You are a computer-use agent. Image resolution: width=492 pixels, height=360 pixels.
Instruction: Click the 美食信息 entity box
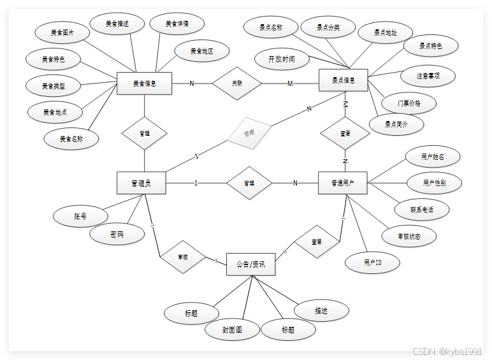145,83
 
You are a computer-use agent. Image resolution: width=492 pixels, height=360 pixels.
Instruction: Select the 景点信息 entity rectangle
344,81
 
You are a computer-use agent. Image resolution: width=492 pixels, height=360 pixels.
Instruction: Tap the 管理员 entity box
141,183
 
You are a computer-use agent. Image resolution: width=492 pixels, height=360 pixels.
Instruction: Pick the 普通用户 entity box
344,183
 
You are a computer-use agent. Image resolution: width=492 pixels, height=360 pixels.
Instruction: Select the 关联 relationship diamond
236,83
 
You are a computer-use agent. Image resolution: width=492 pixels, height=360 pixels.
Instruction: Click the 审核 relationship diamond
182,257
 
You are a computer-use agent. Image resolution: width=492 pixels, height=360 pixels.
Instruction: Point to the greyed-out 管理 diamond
249,133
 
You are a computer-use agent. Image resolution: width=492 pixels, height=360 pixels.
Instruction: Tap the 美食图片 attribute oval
62,32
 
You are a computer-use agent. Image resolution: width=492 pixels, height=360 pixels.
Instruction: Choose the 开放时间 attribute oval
282,59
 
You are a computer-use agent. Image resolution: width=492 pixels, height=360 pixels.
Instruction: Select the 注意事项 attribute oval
428,75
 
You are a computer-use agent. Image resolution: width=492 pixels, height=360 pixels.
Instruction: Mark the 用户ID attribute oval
372,262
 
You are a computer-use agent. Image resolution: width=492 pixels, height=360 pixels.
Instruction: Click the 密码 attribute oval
117,234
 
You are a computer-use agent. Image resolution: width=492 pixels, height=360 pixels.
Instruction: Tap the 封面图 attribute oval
232,329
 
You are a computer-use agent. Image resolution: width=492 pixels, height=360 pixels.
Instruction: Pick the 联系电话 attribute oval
422,209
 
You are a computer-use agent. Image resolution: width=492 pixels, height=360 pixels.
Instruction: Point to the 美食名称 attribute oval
71,138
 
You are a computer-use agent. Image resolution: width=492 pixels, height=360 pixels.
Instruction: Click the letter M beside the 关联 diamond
290,83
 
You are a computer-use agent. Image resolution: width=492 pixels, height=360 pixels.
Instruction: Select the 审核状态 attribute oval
409,236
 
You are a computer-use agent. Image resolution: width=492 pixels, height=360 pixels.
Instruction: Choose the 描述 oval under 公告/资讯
321,310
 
